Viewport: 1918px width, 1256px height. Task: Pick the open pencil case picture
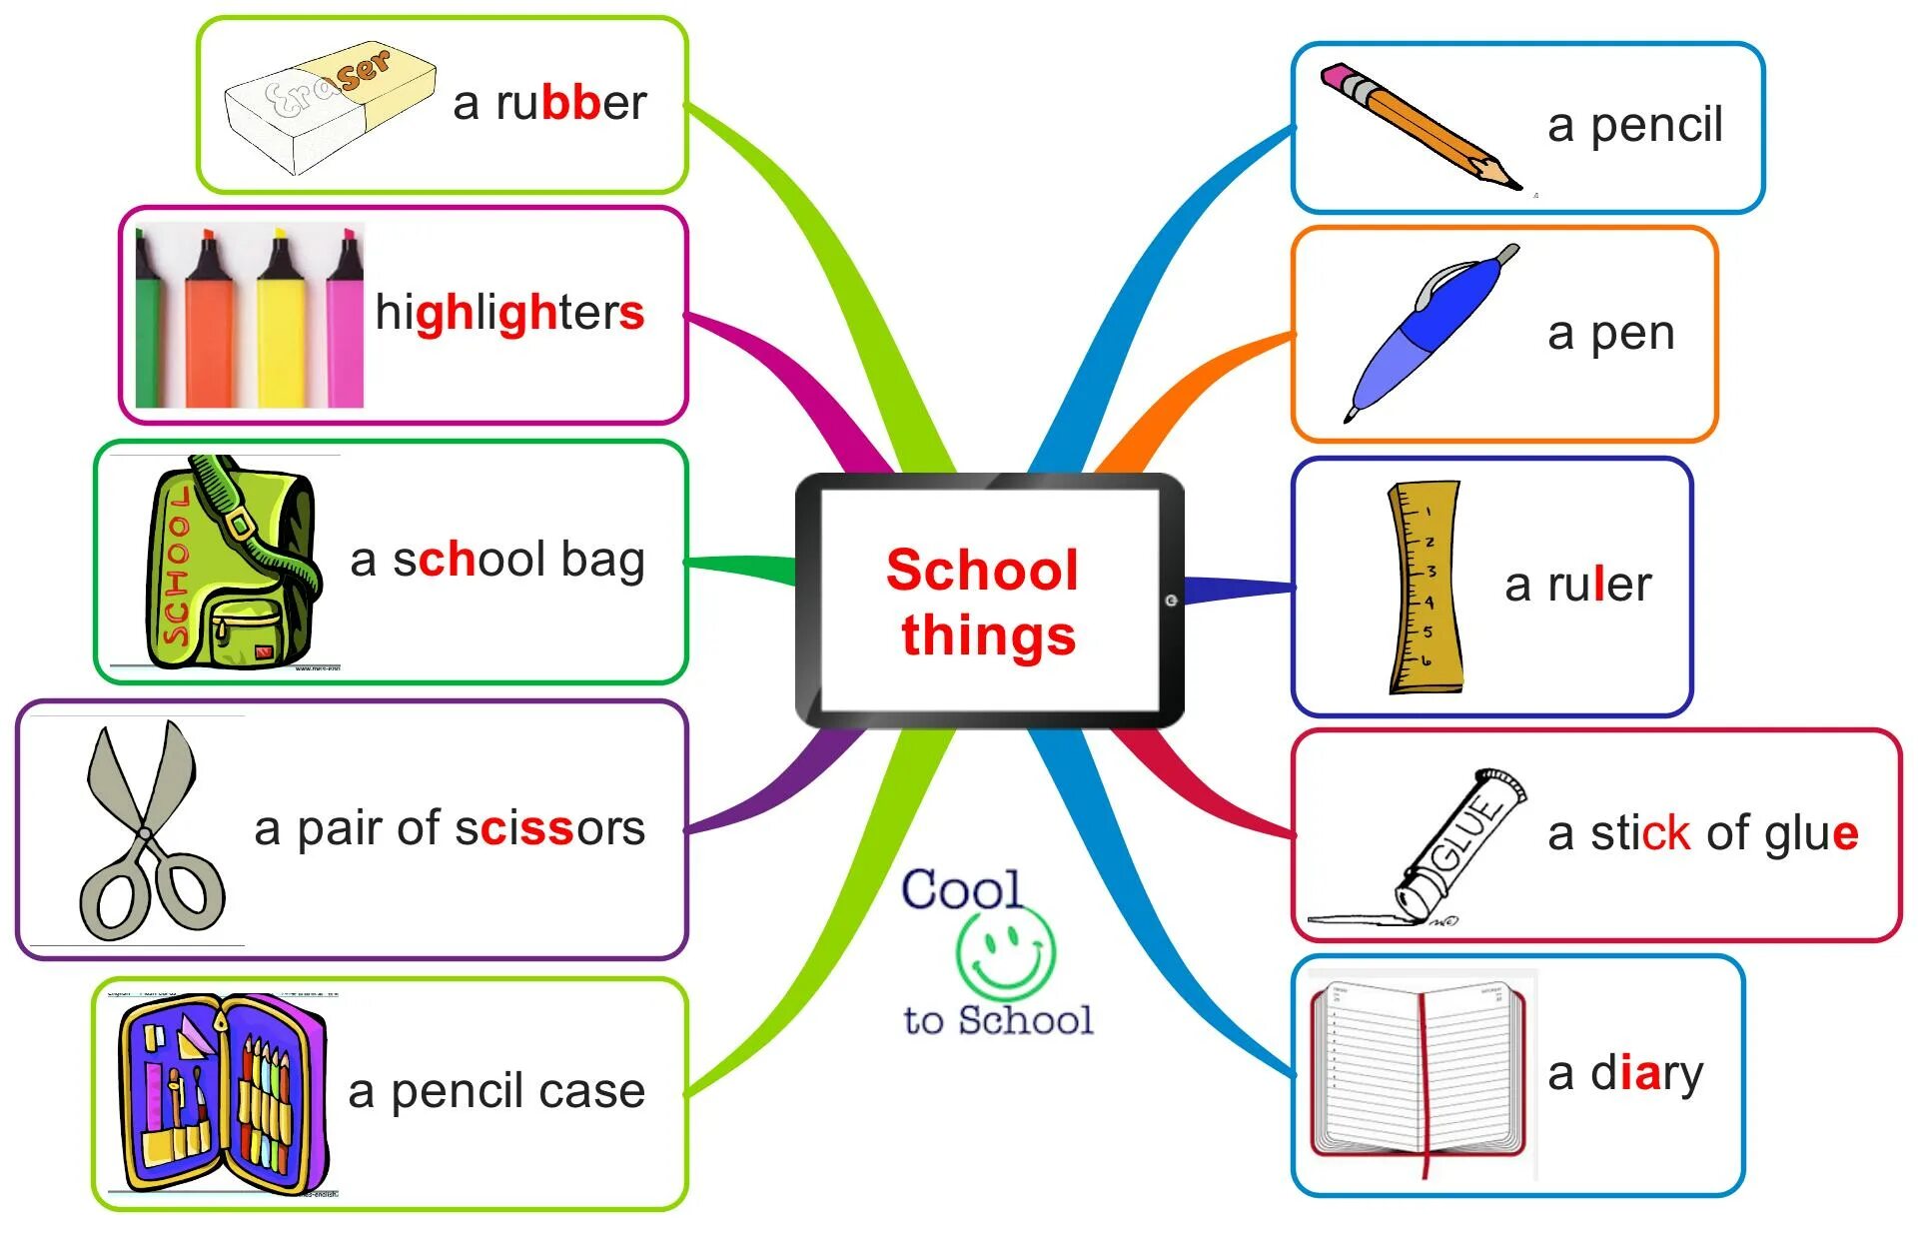222,1094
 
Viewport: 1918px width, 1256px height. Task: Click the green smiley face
1005,948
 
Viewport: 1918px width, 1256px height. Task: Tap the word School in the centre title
982,570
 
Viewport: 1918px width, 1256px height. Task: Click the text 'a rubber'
549,103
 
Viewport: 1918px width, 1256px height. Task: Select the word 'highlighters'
509,313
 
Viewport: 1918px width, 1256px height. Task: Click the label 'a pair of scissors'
450,828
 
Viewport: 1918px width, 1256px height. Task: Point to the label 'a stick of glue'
1702,832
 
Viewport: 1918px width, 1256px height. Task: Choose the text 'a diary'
1625,1073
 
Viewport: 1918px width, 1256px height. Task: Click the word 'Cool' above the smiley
961,888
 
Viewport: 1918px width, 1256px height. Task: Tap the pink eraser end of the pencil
1337,77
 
